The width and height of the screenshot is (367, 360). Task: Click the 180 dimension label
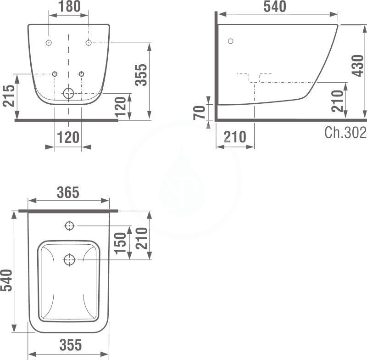tap(70, 6)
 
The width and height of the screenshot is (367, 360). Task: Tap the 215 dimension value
tap(9, 96)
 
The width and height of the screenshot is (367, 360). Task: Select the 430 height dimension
tap(358, 66)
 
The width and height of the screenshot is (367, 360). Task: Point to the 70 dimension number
tap(200, 112)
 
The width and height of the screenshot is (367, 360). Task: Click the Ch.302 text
tap(345, 132)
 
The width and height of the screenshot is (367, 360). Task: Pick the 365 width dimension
tap(68, 192)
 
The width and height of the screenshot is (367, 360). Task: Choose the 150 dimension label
tap(120, 243)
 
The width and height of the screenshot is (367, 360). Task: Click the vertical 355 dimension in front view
tap(141, 75)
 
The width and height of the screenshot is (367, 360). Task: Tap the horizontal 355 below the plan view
tap(71, 344)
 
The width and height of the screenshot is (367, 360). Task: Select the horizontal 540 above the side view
tap(275, 6)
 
